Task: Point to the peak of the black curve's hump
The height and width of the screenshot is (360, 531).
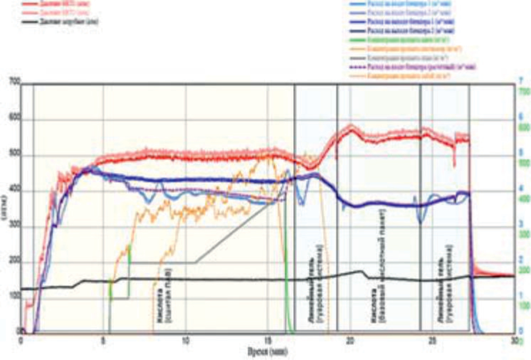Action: pos(361,271)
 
